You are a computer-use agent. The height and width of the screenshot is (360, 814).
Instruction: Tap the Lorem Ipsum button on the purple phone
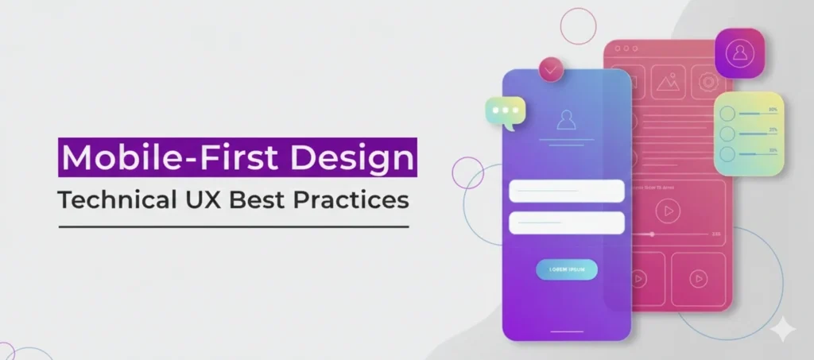point(567,270)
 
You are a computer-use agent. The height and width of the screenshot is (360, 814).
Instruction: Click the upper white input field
point(566,191)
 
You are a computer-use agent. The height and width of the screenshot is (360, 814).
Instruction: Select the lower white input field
point(566,223)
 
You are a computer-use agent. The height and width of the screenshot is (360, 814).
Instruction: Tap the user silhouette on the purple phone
point(566,119)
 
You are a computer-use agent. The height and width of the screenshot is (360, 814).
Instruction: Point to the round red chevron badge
point(551,69)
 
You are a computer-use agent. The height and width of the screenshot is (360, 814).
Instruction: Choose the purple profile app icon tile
point(739,52)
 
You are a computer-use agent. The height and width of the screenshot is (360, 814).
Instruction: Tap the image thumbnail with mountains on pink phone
point(669,82)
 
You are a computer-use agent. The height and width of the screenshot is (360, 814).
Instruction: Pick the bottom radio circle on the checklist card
point(727,153)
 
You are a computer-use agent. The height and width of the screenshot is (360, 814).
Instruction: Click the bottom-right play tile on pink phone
point(698,278)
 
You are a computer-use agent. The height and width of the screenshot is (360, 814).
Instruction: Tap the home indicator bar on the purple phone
point(567,331)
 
